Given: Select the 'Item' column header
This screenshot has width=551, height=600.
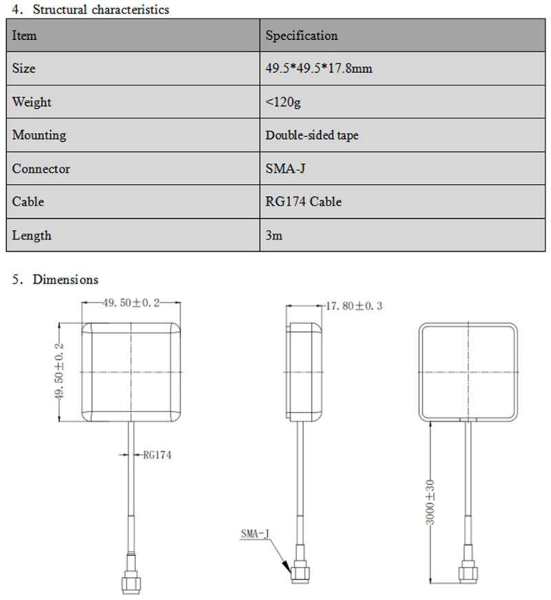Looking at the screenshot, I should point(24,36).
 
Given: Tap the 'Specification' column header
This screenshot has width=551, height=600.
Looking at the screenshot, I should point(302,36).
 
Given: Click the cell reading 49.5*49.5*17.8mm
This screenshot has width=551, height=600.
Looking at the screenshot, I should point(320,69).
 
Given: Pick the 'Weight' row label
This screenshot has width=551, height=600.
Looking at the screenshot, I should point(32,102).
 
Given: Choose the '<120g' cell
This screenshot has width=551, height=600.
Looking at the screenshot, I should point(283,102).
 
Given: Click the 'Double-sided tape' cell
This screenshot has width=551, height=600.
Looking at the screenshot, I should point(312,136).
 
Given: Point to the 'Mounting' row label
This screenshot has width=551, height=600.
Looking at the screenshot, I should point(39,136).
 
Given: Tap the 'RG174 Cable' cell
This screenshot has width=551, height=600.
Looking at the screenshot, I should point(304,202).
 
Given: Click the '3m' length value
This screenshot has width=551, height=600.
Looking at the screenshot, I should point(273,236).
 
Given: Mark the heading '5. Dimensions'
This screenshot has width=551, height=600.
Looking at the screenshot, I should point(56,280).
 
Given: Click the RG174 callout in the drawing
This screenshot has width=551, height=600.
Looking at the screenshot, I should point(157,455).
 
